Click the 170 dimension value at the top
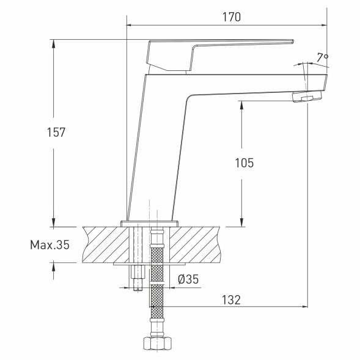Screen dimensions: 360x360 pyautogui.click(x=231, y=17)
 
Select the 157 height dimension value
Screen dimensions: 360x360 pyautogui.click(x=56, y=131)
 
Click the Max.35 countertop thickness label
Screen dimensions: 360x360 pyautogui.click(x=50, y=245)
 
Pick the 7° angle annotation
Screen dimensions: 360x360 pyautogui.click(x=323, y=57)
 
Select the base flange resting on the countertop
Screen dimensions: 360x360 pyautogui.click(x=150, y=223)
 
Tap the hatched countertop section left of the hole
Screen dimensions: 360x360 pyautogui.click(x=104, y=244)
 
